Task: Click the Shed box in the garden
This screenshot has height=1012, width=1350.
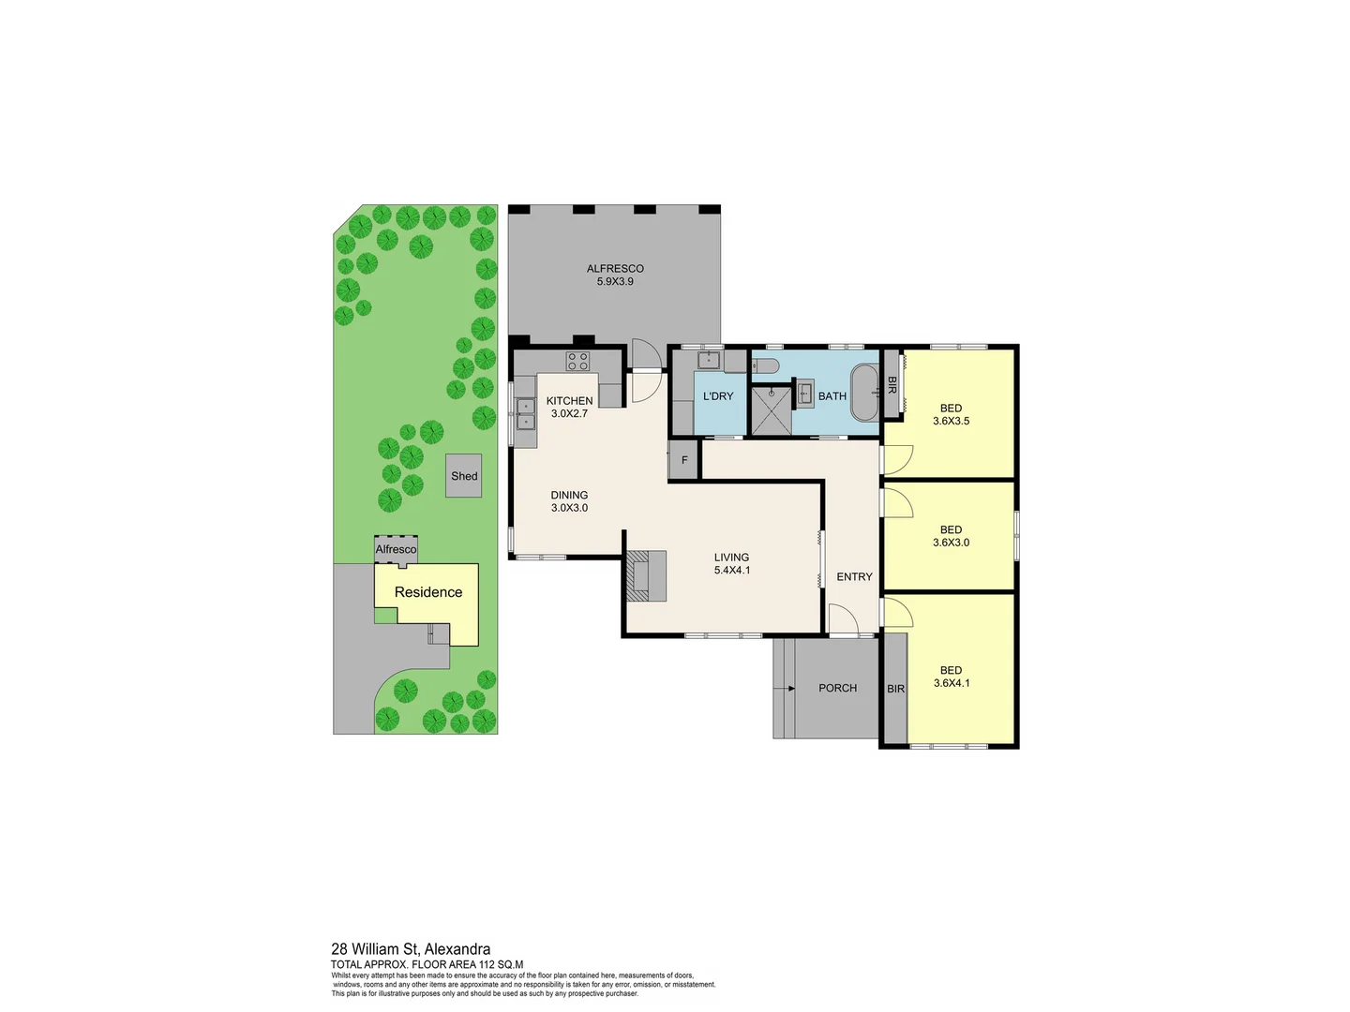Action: click(x=464, y=475)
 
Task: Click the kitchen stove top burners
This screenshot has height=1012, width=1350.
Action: click(x=577, y=361)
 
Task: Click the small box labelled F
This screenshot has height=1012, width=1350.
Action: click(x=684, y=460)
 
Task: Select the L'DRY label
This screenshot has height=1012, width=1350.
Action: click(x=718, y=396)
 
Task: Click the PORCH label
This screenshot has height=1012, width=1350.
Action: click(x=837, y=688)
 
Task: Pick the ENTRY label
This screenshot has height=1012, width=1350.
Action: click(x=854, y=577)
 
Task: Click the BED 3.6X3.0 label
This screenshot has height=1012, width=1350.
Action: click(x=951, y=536)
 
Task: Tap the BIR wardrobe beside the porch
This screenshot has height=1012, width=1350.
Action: click(x=895, y=689)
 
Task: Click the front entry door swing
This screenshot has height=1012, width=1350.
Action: click(x=843, y=619)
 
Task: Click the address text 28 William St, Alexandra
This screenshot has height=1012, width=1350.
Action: click(x=411, y=949)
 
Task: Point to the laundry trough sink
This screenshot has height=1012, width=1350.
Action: click(x=710, y=359)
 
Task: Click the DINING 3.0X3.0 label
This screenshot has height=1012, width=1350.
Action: click(x=569, y=501)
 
